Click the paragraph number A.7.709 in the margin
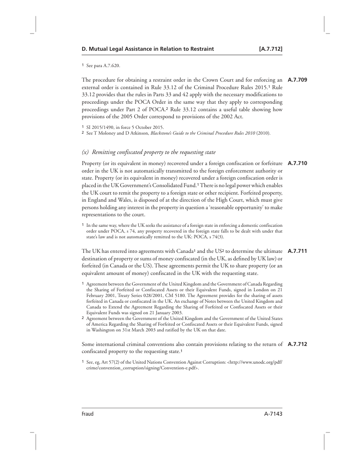click(297, 81)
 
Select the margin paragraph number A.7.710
click(297, 162)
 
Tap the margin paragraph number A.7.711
click(297, 252)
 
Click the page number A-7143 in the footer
click(270, 414)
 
